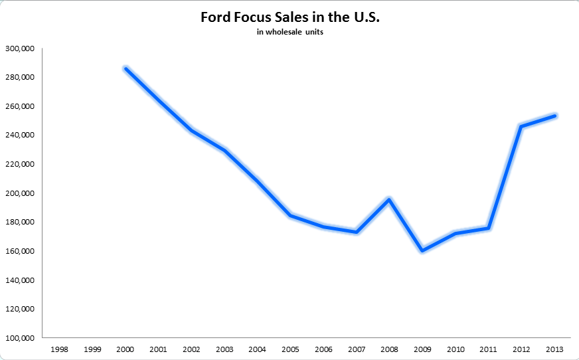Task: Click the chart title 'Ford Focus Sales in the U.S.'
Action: coord(289,17)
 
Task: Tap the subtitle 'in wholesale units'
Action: coord(289,33)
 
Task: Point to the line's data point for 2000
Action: coord(125,68)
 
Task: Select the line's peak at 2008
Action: coord(389,199)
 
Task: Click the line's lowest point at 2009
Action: coord(422,250)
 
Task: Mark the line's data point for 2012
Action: coord(521,126)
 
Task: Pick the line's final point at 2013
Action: coord(554,116)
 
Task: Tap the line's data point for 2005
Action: coord(290,215)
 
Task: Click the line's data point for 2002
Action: coord(191,130)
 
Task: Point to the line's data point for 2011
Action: coord(488,228)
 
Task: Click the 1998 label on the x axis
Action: coord(60,348)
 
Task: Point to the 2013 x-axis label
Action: coord(554,348)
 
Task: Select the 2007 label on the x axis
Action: coord(356,348)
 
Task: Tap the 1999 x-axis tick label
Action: coord(92,348)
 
